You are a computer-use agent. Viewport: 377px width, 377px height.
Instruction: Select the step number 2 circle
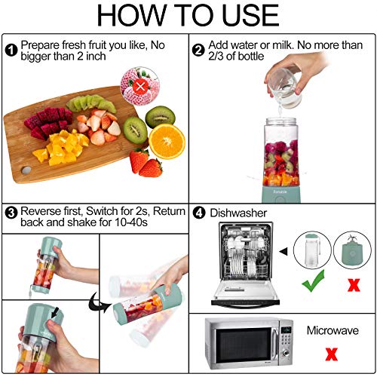[x=198, y=51]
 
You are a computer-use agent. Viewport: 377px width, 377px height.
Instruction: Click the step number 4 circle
[x=198, y=213]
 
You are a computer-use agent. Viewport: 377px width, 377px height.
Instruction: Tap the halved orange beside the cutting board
[x=167, y=139]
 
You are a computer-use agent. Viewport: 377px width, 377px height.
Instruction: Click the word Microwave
[x=331, y=330]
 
